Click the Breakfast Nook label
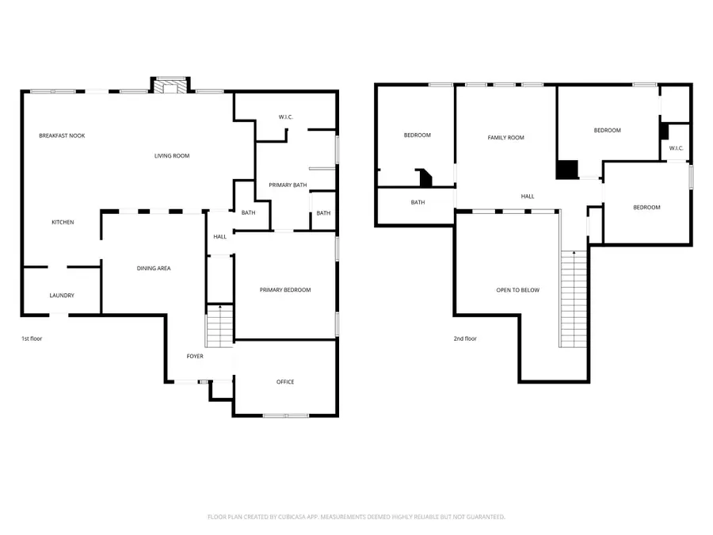62,136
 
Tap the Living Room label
172,155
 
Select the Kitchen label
63,222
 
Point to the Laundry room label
62,296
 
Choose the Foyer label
195,356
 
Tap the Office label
285,382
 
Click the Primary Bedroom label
285,290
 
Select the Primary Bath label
288,185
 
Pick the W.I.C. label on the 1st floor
286,117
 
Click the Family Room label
505,138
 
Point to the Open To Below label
517,290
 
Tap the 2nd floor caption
465,338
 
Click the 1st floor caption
32,338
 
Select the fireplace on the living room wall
170,85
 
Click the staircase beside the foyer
219,327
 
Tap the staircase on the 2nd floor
574,298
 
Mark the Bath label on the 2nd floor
418,202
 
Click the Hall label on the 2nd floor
528,197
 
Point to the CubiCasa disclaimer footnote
356,517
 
